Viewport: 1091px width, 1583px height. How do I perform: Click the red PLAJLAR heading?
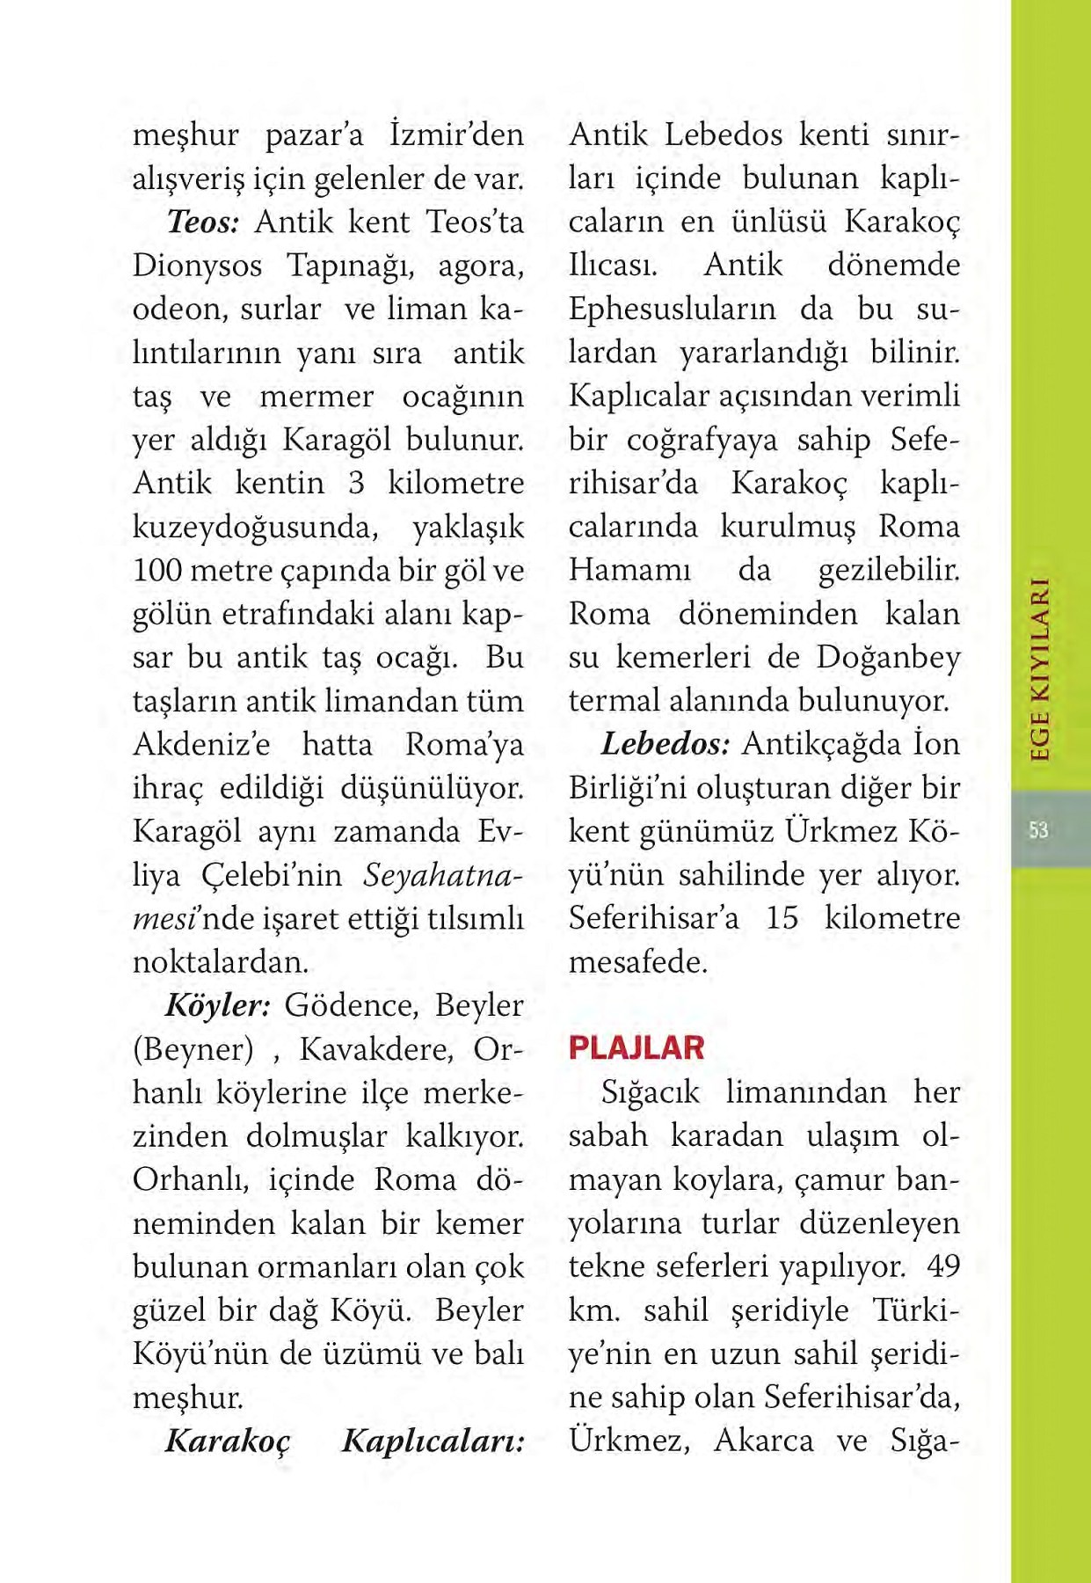[636, 1047]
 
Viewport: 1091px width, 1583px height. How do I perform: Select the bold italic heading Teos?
[203, 222]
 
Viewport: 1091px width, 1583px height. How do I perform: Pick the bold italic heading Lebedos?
[665, 744]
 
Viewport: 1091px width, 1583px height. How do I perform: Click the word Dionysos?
[197, 266]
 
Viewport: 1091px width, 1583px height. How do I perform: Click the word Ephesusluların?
[673, 310]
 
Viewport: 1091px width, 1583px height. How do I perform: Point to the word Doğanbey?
[888, 657]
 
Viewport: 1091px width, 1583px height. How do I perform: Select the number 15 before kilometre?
[782, 918]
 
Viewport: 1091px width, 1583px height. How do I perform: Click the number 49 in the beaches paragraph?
[943, 1266]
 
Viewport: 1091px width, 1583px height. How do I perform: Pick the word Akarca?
[763, 1441]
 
